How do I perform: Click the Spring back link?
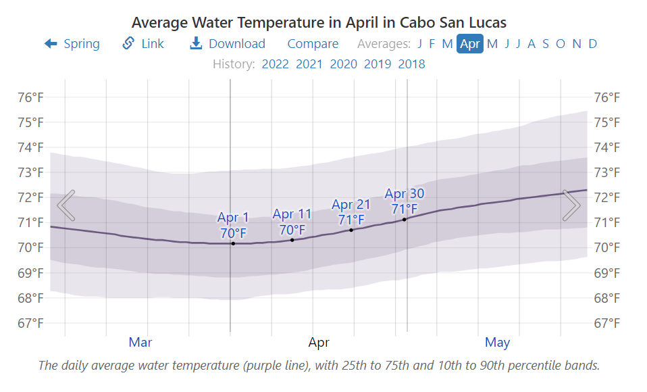[x=72, y=44]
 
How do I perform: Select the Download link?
[x=228, y=44]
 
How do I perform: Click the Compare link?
[x=313, y=44]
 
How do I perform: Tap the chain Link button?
[x=143, y=44]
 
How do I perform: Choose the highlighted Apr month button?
[x=469, y=44]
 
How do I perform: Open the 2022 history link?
[x=275, y=64]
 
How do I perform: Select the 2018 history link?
[x=411, y=64]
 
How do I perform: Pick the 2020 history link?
[x=343, y=64]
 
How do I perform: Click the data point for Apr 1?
[x=233, y=243]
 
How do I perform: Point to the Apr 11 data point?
[x=292, y=240]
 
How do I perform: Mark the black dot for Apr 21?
[x=351, y=230]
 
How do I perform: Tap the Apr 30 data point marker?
[x=405, y=220]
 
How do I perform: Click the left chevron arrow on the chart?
[x=66, y=205]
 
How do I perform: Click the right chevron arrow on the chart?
[x=571, y=205]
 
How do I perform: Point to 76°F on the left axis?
[x=30, y=97]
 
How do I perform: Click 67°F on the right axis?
[x=606, y=323]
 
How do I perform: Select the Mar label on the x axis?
[x=140, y=343]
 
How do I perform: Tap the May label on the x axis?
[x=497, y=343]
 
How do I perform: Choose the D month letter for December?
[x=592, y=44]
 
